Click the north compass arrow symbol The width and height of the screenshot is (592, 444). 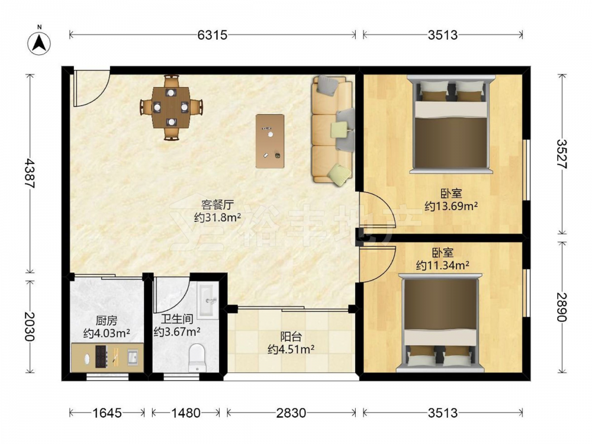click(x=39, y=42)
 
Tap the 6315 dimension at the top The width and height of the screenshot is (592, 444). click(x=213, y=35)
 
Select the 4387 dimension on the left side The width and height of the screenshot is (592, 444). click(x=30, y=173)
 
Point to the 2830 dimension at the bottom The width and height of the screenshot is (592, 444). click(x=291, y=413)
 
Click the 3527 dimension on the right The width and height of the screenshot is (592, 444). click(x=562, y=154)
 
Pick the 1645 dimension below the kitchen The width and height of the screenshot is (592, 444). click(x=107, y=413)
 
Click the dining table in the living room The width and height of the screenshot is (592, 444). click(x=171, y=108)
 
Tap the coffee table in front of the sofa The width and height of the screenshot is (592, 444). click(x=270, y=141)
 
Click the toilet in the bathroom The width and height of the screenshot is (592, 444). click(x=197, y=357)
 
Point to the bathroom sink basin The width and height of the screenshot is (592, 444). click(x=208, y=300)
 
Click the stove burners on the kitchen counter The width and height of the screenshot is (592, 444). click(x=101, y=356)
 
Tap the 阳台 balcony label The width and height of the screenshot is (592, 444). click(x=291, y=336)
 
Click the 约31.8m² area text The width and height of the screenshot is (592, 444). click(x=217, y=218)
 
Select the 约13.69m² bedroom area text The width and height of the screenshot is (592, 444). click(x=451, y=207)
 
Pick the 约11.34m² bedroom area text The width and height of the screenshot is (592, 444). click(x=442, y=266)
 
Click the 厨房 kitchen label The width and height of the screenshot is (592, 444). click(x=107, y=321)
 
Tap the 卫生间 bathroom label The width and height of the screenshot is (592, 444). click(x=178, y=319)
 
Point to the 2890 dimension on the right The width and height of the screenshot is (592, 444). click(x=562, y=307)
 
